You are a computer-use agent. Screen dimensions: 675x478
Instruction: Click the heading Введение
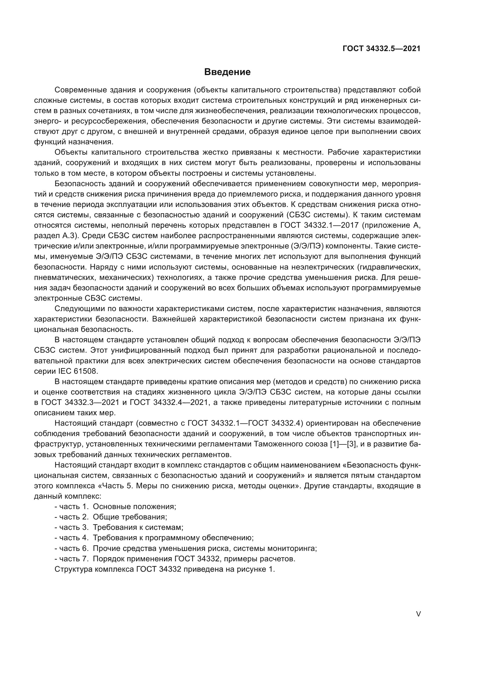[x=227, y=72]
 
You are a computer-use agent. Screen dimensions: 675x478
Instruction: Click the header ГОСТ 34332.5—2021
[x=381, y=48]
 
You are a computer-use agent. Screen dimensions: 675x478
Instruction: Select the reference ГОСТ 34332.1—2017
[x=319, y=225]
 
